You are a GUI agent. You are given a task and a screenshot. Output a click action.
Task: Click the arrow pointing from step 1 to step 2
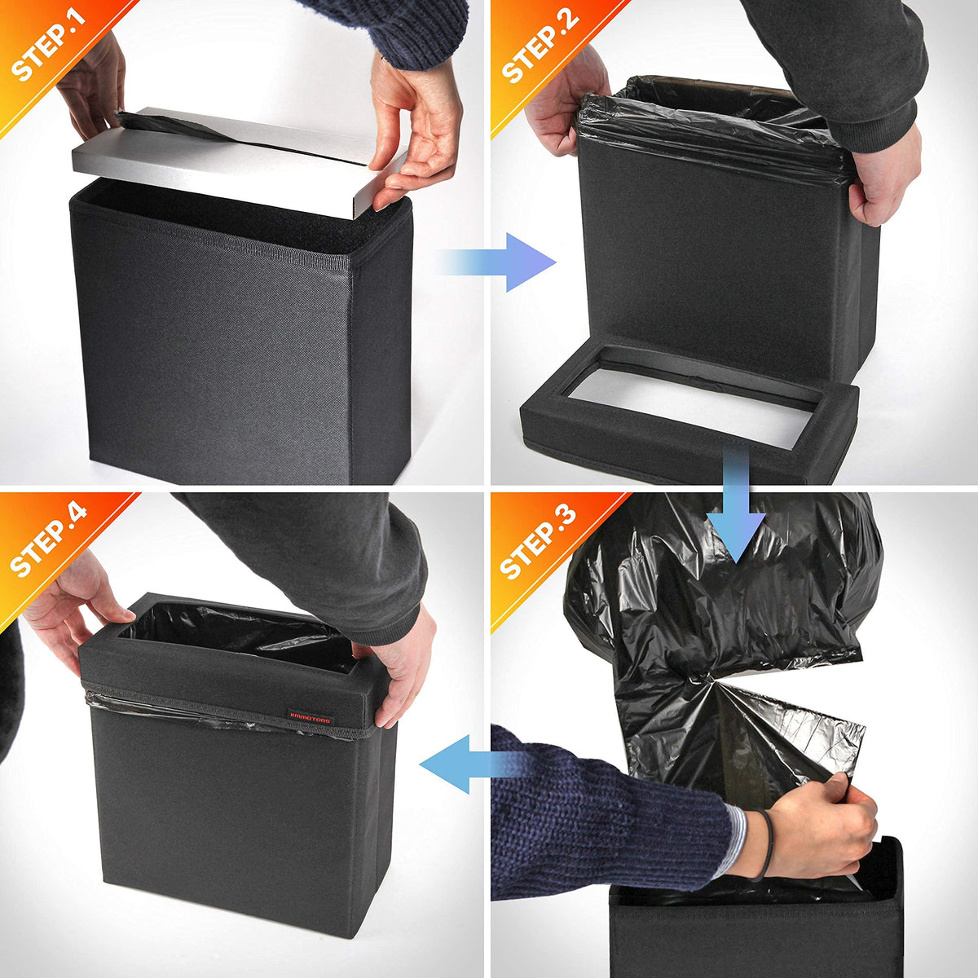[x=500, y=262]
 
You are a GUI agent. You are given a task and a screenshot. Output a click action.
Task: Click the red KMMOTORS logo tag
[x=310, y=717]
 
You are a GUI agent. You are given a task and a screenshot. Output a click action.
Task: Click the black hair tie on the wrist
[x=765, y=845]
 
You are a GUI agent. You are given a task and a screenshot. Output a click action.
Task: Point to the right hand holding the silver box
[x=414, y=130]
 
